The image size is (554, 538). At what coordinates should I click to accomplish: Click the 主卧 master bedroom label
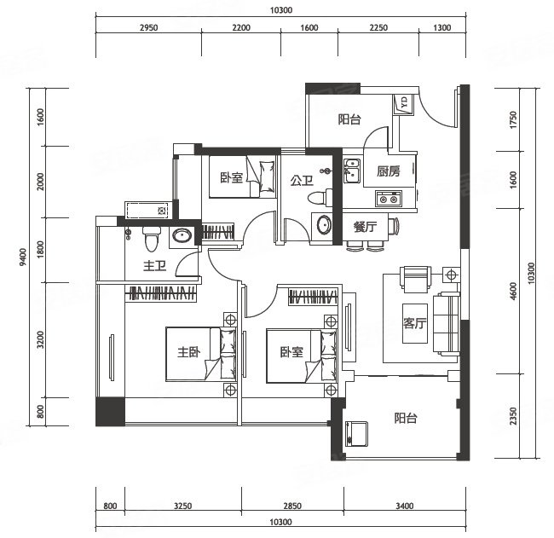(x=188, y=352)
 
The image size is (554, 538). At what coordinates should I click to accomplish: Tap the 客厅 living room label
(x=415, y=323)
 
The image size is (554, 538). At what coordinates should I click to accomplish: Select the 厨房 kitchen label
(x=389, y=171)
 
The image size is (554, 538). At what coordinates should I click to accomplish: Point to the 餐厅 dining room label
(x=365, y=227)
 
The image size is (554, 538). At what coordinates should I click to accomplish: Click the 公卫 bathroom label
(x=302, y=181)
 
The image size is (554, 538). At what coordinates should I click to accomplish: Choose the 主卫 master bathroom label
(x=155, y=266)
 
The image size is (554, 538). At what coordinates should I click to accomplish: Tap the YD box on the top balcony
(x=403, y=104)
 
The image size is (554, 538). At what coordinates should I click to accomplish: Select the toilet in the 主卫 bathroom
(x=152, y=239)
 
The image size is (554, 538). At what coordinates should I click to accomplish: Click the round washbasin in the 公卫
(x=324, y=225)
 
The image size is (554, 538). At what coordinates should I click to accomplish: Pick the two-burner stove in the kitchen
(x=389, y=199)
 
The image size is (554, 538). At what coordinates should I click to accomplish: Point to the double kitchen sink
(x=352, y=171)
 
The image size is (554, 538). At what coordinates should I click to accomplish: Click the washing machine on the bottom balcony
(x=356, y=435)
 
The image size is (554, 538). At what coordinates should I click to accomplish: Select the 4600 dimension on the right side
(x=514, y=291)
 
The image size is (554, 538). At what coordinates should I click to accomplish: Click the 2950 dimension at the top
(x=149, y=27)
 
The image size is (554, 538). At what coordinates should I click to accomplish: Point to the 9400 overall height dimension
(x=23, y=257)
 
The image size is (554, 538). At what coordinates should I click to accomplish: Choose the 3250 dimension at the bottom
(x=183, y=506)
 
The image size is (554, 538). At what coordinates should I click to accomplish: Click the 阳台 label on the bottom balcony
(x=406, y=418)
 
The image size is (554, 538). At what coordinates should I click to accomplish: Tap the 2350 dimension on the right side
(x=514, y=416)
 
